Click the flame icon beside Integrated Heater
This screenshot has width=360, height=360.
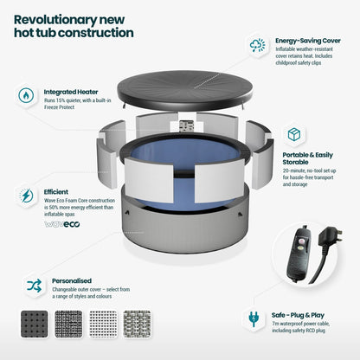pos(26,95)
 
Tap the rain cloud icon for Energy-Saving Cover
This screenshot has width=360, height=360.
pos(258,45)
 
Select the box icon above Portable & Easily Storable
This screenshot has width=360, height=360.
pos(294,134)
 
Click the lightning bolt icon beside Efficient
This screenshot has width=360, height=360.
pos(26,196)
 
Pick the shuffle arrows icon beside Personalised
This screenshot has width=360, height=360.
pos(35,286)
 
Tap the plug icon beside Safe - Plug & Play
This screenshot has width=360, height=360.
pos(254,318)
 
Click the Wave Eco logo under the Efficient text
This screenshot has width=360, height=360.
pos(62,224)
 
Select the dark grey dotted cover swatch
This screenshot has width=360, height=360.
pos(35,324)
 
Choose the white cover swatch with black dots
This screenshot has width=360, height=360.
pos(103,324)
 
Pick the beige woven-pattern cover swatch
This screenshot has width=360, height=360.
pos(138,324)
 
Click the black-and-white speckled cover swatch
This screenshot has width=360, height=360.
pos(68,324)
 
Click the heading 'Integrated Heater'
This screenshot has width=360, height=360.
pos(71,92)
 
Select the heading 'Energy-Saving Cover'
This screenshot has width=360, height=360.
pos(308,41)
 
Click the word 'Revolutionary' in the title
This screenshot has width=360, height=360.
pos(55,20)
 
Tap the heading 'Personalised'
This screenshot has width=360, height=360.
pos(72,280)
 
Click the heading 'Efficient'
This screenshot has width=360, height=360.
pos(56,192)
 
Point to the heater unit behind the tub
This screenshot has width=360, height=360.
pos(185,126)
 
